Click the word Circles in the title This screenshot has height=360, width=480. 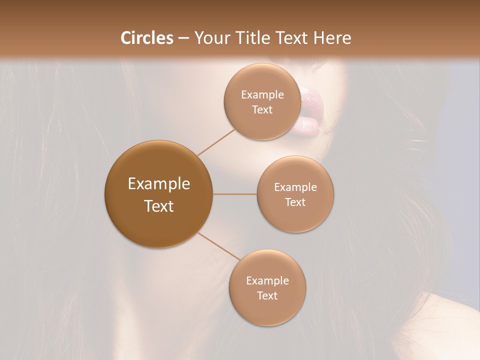146,38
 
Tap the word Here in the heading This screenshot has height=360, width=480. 332,38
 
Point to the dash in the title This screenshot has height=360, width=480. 183,38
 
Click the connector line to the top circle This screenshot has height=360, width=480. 216,142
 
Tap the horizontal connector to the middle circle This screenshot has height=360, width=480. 234,194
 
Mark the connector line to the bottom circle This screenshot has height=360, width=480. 218,246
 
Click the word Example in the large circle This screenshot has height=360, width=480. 159,184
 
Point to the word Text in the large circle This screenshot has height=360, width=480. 159,206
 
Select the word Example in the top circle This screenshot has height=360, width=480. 262,95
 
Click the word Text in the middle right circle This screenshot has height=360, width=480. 295,202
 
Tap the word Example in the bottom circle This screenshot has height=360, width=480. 267,280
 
